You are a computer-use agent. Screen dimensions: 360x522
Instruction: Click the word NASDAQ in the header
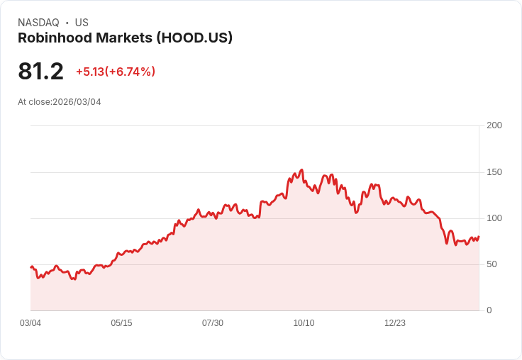38,23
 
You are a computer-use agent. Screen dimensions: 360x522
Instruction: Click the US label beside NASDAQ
82,23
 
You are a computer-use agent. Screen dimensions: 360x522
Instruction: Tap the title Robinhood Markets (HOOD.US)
125,38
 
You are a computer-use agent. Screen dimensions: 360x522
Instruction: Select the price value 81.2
40,72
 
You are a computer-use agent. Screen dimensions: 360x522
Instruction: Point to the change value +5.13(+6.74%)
116,72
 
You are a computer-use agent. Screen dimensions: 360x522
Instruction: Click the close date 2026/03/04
77,102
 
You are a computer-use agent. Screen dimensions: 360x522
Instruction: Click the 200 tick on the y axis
494,125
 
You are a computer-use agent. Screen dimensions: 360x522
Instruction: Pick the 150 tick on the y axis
494,172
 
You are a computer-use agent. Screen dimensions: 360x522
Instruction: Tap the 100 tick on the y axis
494,218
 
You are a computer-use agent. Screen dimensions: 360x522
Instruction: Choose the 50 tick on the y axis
492,264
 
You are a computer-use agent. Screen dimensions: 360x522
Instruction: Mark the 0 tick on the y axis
489,310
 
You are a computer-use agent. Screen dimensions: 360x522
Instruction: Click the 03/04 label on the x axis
30,323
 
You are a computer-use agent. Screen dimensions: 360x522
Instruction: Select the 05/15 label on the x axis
121,323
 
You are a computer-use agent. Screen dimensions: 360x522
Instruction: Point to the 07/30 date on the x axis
213,323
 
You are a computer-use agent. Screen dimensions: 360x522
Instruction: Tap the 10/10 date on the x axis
304,323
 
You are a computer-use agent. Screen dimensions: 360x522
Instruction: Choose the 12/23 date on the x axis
395,323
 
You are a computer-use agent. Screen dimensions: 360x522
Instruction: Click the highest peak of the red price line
302,170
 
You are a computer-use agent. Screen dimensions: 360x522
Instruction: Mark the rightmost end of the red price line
479,237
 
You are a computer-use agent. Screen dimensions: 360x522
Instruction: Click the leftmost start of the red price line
31,267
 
